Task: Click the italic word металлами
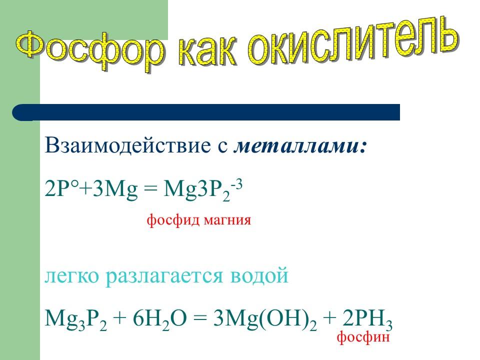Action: [x=300, y=146]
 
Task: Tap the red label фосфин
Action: [x=363, y=337]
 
